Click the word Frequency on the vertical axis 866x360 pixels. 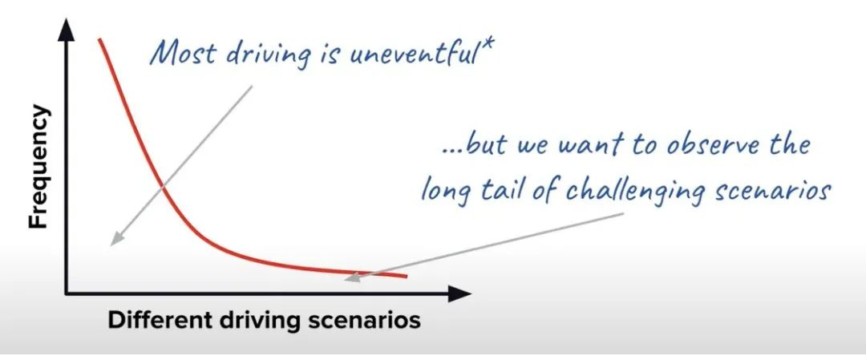pyautogui.click(x=39, y=168)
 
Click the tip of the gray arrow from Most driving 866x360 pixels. pyautogui.click(x=111, y=245)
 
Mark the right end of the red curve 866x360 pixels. pyautogui.click(x=407, y=276)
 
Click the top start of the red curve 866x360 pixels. pyautogui.click(x=100, y=39)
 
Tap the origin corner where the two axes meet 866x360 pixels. pyautogui.click(x=67, y=293)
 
